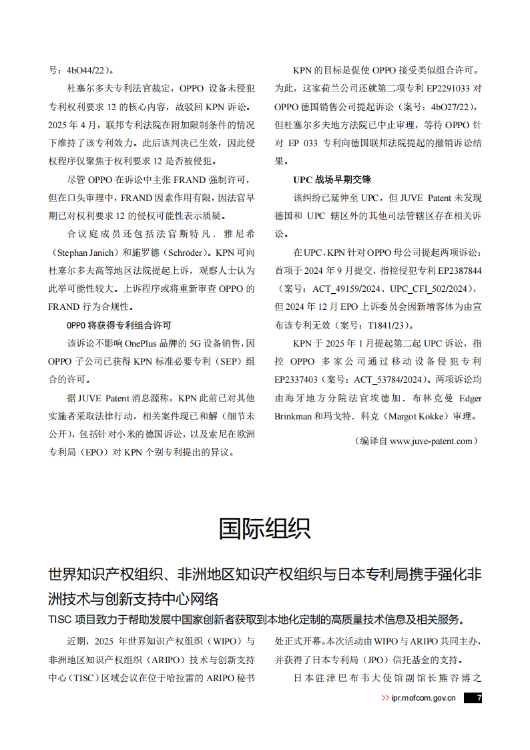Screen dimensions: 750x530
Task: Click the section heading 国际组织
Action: click(264, 528)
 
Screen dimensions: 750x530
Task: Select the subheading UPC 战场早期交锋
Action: click(332, 180)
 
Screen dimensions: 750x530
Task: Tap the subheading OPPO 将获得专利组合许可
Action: click(119, 325)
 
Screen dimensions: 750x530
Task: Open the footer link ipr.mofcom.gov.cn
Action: click(424, 698)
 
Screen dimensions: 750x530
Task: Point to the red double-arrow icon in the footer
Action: click(385, 698)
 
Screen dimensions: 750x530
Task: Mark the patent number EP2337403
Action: click(296, 379)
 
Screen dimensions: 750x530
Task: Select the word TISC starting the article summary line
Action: click(59, 618)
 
